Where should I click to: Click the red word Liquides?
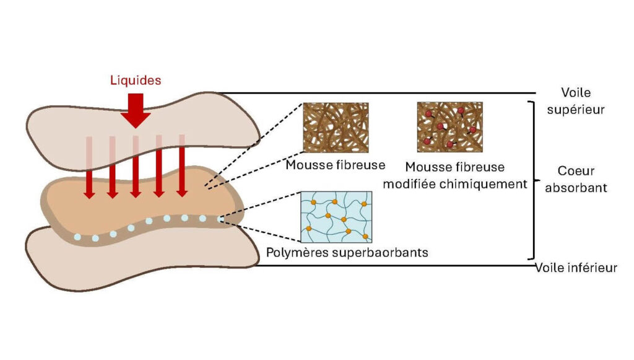136,80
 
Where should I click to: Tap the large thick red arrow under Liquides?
136,111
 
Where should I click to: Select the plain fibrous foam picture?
336,128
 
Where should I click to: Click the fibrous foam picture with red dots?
449,127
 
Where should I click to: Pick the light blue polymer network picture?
336,217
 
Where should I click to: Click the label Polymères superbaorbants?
347,253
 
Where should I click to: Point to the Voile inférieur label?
576,268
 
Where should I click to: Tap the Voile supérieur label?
576,101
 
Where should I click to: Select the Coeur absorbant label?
576,179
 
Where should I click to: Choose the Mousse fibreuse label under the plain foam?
335,165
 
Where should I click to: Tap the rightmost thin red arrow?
182,166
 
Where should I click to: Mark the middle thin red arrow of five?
136,167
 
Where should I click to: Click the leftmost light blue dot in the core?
77,237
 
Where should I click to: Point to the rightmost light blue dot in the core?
220,219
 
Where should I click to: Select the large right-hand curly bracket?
534,180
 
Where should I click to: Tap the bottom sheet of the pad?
142,263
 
